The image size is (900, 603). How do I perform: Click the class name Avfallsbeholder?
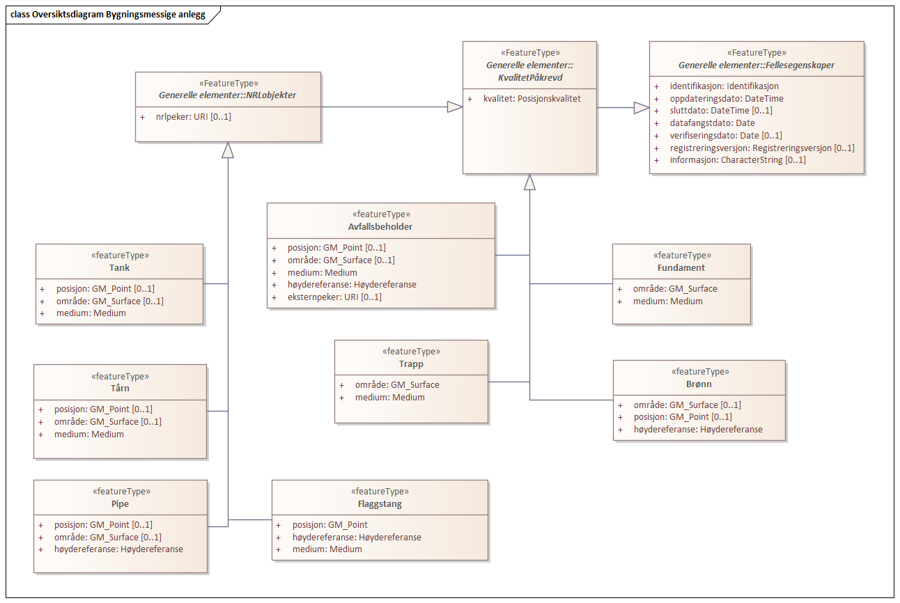(381, 226)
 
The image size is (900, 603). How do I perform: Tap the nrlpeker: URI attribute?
(193, 116)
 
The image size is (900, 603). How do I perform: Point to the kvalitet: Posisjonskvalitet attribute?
(532, 98)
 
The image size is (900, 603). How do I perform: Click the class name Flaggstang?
(379, 503)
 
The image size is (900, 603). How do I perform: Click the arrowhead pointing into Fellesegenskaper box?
(641, 107)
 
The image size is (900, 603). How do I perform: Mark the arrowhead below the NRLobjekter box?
(228, 150)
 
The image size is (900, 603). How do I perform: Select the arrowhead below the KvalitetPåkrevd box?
(529, 182)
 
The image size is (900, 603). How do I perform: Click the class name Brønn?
(699, 384)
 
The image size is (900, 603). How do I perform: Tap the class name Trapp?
(411, 363)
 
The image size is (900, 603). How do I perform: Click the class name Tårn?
(120, 389)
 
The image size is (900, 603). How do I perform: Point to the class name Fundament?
(681, 267)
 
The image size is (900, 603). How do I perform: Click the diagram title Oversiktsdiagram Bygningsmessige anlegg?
(108, 15)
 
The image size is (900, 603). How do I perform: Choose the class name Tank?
(119, 267)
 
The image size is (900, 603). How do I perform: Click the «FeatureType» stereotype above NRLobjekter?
(228, 83)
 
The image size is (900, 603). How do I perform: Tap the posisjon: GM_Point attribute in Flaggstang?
(329, 524)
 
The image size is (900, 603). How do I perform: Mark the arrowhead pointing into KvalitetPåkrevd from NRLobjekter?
(454, 107)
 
